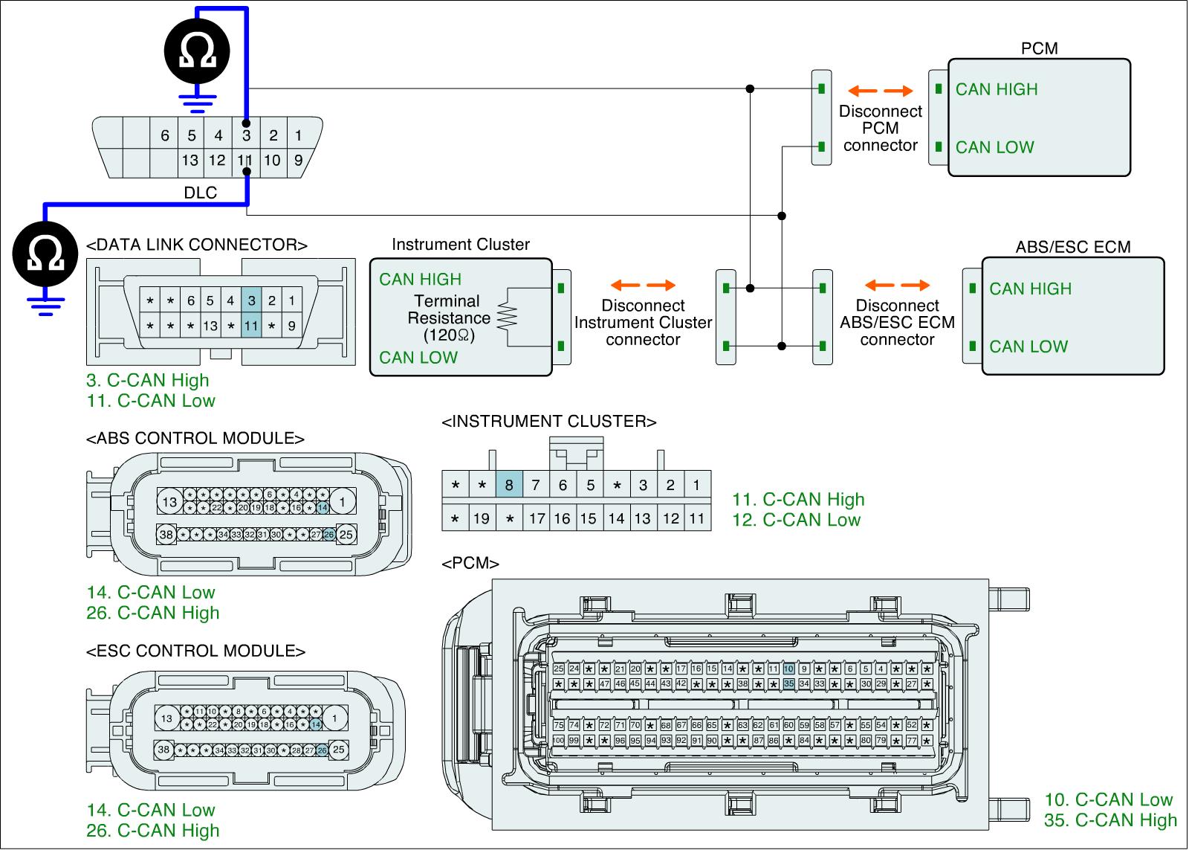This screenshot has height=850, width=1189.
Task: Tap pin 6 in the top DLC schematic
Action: pyautogui.click(x=165, y=135)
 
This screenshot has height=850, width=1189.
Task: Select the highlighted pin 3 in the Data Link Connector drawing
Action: pyautogui.click(x=252, y=300)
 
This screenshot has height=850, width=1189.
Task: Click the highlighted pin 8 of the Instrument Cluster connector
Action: pyautogui.click(x=509, y=485)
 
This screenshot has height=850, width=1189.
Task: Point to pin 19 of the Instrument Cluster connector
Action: pyautogui.click(x=482, y=518)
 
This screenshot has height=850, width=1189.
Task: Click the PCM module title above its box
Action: pyautogui.click(x=1039, y=48)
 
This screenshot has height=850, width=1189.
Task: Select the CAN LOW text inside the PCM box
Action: pyautogui.click(x=994, y=147)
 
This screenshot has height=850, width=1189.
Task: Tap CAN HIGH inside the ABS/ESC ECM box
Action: pyautogui.click(x=1030, y=289)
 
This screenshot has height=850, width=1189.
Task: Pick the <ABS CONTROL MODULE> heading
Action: pyautogui.click(x=195, y=438)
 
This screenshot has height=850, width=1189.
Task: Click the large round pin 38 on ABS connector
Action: pyautogui.click(x=166, y=534)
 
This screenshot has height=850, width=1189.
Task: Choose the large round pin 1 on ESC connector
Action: pyautogui.click(x=335, y=718)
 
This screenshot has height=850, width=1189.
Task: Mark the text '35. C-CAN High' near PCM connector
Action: pyautogui.click(x=1110, y=820)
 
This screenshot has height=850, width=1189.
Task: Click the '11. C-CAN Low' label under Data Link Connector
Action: pyautogui.click(x=151, y=401)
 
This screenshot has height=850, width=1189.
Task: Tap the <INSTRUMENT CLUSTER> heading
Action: pyautogui.click(x=549, y=422)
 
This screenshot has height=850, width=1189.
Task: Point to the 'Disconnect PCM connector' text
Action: pyautogui.click(x=880, y=128)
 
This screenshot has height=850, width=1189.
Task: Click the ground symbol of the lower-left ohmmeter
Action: pyautogui.click(x=46, y=305)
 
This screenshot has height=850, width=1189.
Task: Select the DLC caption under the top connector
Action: pyautogui.click(x=201, y=193)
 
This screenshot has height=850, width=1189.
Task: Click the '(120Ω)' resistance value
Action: pyautogui.click(x=449, y=335)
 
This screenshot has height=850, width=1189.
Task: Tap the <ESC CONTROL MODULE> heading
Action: pyautogui.click(x=196, y=651)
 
